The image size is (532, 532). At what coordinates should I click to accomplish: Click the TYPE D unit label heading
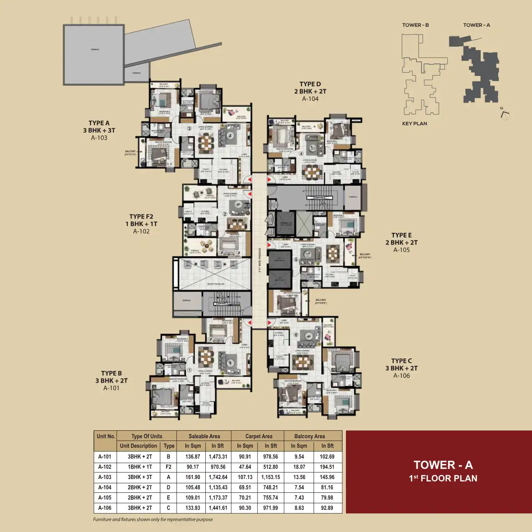click(x=310, y=84)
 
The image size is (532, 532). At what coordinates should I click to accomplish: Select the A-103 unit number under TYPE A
click(x=99, y=138)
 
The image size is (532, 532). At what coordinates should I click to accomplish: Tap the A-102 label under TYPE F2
click(x=141, y=231)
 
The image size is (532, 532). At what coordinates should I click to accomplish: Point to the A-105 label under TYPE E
click(x=401, y=250)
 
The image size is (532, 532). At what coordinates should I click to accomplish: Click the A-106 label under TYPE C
click(x=401, y=376)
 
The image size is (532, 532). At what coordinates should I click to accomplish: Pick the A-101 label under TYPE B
click(x=111, y=388)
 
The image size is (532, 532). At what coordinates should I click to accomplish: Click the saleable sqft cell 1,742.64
click(x=218, y=477)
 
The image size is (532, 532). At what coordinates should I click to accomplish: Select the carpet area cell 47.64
click(x=245, y=467)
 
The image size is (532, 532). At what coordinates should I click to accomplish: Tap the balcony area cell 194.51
click(x=327, y=467)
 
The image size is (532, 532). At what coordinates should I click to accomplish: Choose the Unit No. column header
click(x=106, y=436)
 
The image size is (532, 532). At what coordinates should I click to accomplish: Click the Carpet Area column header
click(x=258, y=436)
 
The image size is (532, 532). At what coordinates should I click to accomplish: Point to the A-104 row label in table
click(x=105, y=487)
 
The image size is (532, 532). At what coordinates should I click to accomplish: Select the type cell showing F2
click(x=169, y=467)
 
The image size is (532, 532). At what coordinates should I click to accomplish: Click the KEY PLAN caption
click(x=414, y=124)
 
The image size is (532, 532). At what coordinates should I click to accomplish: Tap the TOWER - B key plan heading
click(x=415, y=25)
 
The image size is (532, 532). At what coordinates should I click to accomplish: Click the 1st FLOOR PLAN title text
click(x=443, y=479)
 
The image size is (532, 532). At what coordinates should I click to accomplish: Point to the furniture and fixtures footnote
click(x=153, y=519)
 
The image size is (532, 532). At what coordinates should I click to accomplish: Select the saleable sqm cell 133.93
click(x=193, y=508)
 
